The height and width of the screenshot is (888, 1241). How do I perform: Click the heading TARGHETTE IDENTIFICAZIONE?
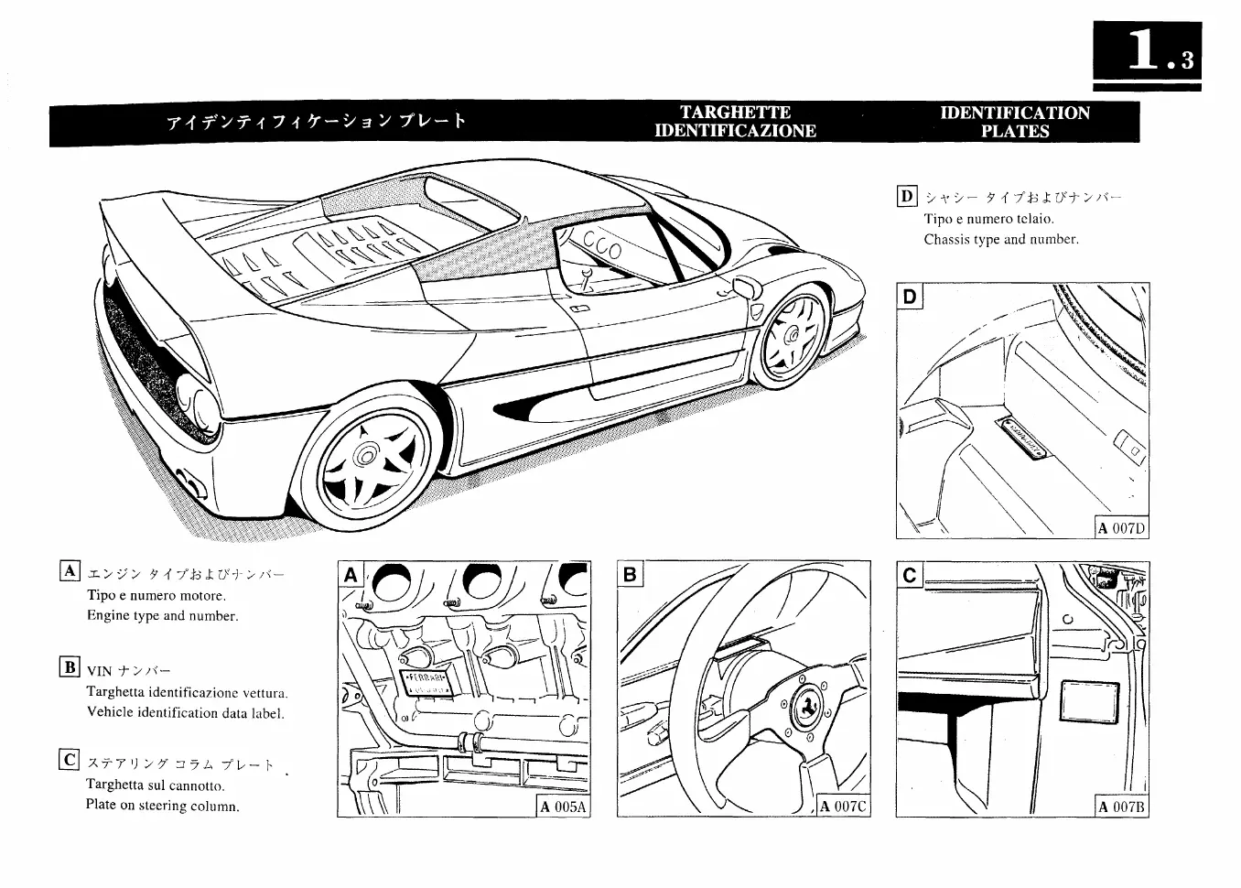(x=735, y=122)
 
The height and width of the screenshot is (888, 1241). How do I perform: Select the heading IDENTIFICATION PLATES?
(x=1015, y=122)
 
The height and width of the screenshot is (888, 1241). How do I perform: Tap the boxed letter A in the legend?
(x=70, y=571)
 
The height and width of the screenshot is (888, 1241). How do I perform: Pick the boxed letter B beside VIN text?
(x=70, y=666)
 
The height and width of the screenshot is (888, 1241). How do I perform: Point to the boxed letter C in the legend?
(x=70, y=760)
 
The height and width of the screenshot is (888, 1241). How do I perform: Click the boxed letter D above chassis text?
(x=906, y=195)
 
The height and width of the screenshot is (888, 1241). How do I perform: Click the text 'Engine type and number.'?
(x=162, y=616)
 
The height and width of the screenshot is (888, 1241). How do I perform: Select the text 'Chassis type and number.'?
(x=1001, y=240)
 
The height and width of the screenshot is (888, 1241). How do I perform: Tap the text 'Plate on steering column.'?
(x=162, y=807)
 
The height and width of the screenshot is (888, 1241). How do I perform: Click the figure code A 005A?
(x=563, y=807)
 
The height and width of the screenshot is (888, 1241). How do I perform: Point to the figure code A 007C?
(x=842, y=807)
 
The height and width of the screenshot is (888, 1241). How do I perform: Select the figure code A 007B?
(x=1122, y=807)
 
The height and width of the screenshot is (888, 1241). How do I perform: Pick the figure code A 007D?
(x=1122, y=528)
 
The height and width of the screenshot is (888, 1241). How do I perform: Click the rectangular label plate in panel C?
(x=1089, y=704)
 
